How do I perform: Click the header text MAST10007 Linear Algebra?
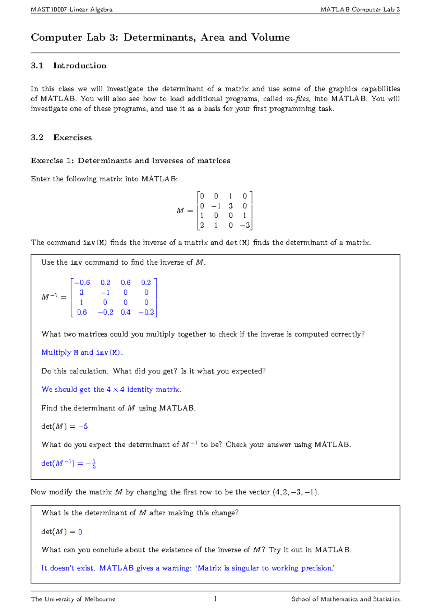pos(71,9)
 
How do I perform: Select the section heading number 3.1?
pos(37,66)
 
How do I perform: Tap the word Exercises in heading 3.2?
pos(73,138)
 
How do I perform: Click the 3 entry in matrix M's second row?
pos(231,206)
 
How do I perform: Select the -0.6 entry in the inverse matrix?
pos(82,283)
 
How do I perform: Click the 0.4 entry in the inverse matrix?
pos(126,312)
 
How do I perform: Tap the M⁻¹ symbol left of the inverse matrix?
pos(50,297)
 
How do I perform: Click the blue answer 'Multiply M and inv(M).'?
pos(82,353)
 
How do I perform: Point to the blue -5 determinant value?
pos(83,427)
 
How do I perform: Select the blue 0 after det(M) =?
pos(80,532)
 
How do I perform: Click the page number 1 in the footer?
pos(215,599)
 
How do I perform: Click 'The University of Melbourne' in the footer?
pos(73,599)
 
